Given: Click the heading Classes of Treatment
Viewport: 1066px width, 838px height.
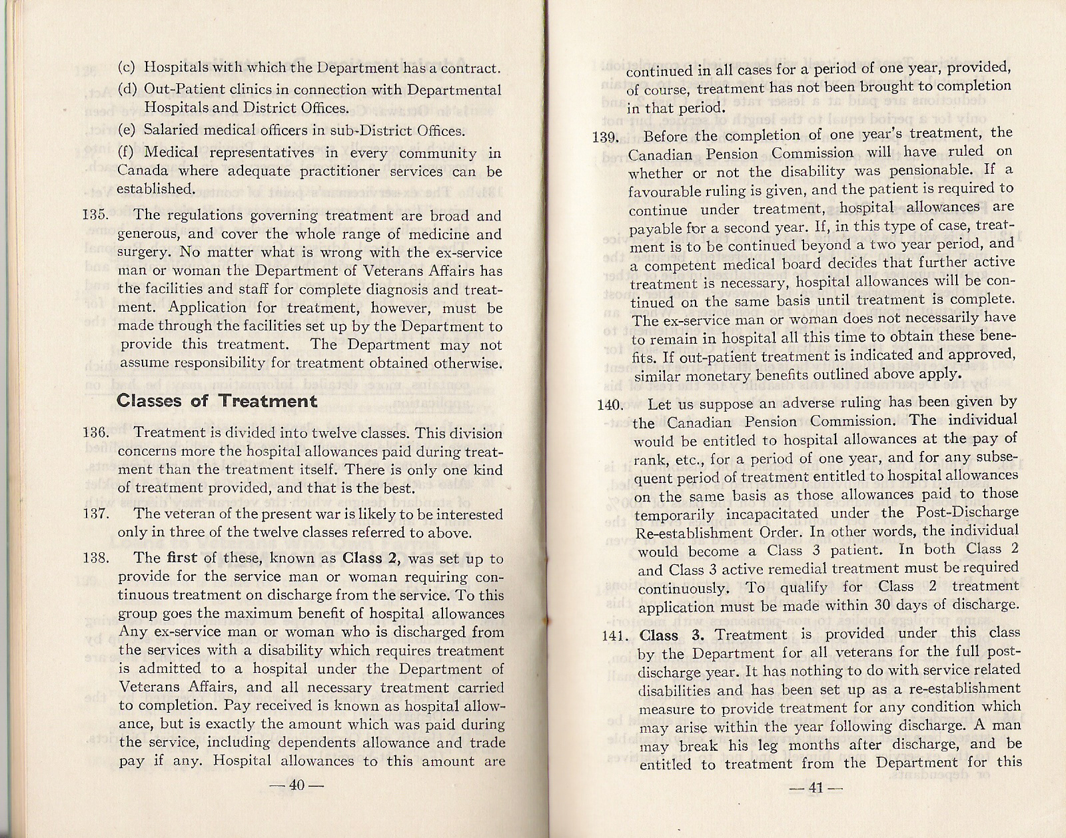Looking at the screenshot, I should click(217, 401).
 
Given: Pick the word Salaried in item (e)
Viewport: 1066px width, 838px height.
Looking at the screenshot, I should click(171, 131).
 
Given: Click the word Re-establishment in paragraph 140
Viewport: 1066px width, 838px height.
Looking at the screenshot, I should click(691, 532).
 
